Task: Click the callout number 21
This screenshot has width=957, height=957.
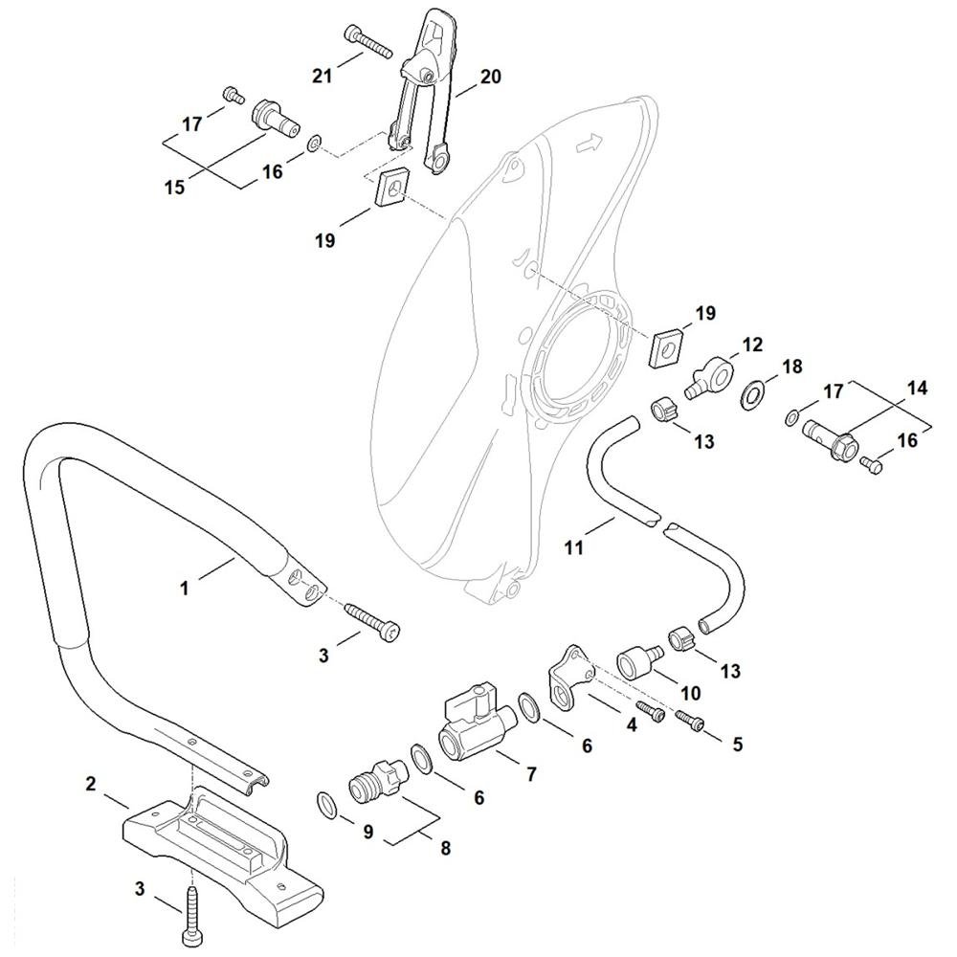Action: click(323, 76)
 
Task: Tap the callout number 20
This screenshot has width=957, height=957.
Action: click(490, 77)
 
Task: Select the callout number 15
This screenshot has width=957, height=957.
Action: click(174, 187)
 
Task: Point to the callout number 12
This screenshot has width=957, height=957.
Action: click(752, 345)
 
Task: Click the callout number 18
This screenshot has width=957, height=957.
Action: click(791, 367)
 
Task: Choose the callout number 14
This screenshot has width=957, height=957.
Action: click(917, 388)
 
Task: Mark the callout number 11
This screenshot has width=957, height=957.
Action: click(573, 547)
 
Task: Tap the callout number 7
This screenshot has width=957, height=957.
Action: click(531, 774)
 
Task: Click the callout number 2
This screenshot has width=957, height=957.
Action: click(90, 784)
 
